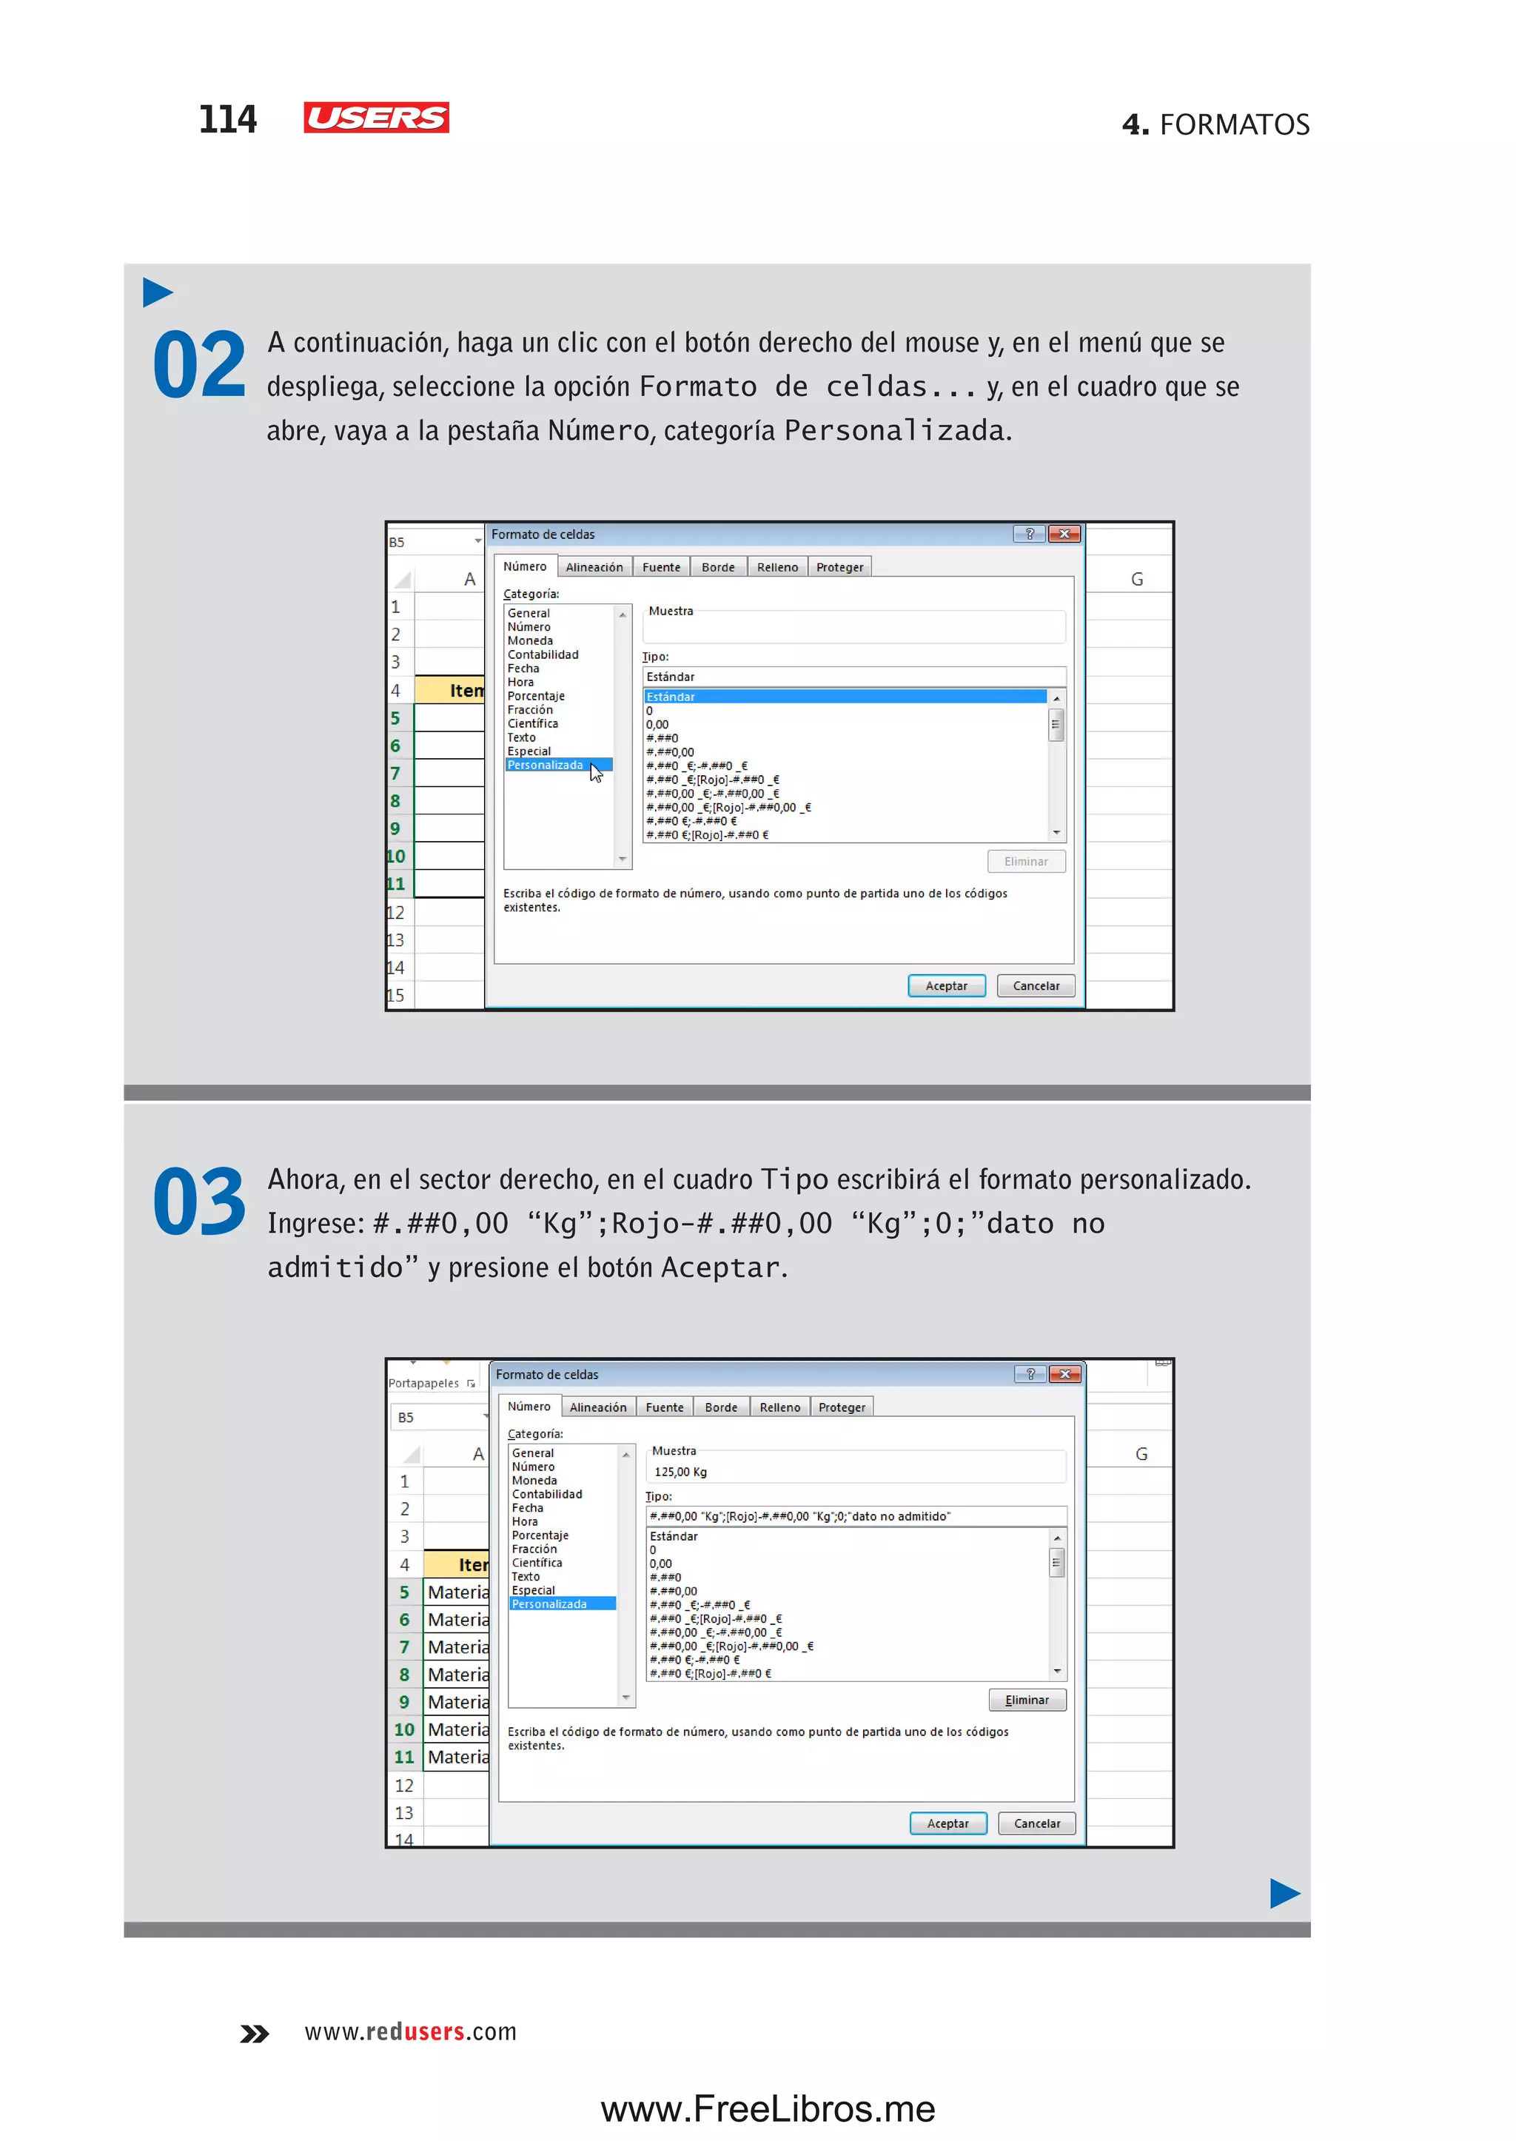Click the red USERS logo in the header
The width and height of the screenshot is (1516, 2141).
[x=375, y=118]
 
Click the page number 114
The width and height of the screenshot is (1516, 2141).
[x=228, y=119]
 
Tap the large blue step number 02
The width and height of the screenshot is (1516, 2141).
[x=199, y=365]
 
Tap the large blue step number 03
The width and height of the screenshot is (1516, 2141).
[x=199, y=1202]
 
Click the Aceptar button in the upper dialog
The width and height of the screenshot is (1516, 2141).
[x=945, y=986]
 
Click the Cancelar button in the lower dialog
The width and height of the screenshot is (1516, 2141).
[x=1036, y=1823]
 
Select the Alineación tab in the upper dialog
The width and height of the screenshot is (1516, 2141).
[x=594, y=568]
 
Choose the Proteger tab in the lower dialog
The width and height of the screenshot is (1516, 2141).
[x=841, y=1407]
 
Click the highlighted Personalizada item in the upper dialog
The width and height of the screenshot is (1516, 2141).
[x=546, y=765]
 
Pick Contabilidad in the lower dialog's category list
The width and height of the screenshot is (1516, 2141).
[x=547, y=1494]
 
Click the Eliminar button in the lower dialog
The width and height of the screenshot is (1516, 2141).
[x=1027, y=1701]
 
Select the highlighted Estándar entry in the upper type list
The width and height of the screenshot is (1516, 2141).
[x=844, y=697]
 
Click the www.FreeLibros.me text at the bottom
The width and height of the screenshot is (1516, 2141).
[x=768, y=2108]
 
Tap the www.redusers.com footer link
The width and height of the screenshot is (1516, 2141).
[x=411, y=2031]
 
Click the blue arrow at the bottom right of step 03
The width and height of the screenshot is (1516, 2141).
[x=1284, y=1894]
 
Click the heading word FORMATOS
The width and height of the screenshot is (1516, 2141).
[x=1234, y=124]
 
